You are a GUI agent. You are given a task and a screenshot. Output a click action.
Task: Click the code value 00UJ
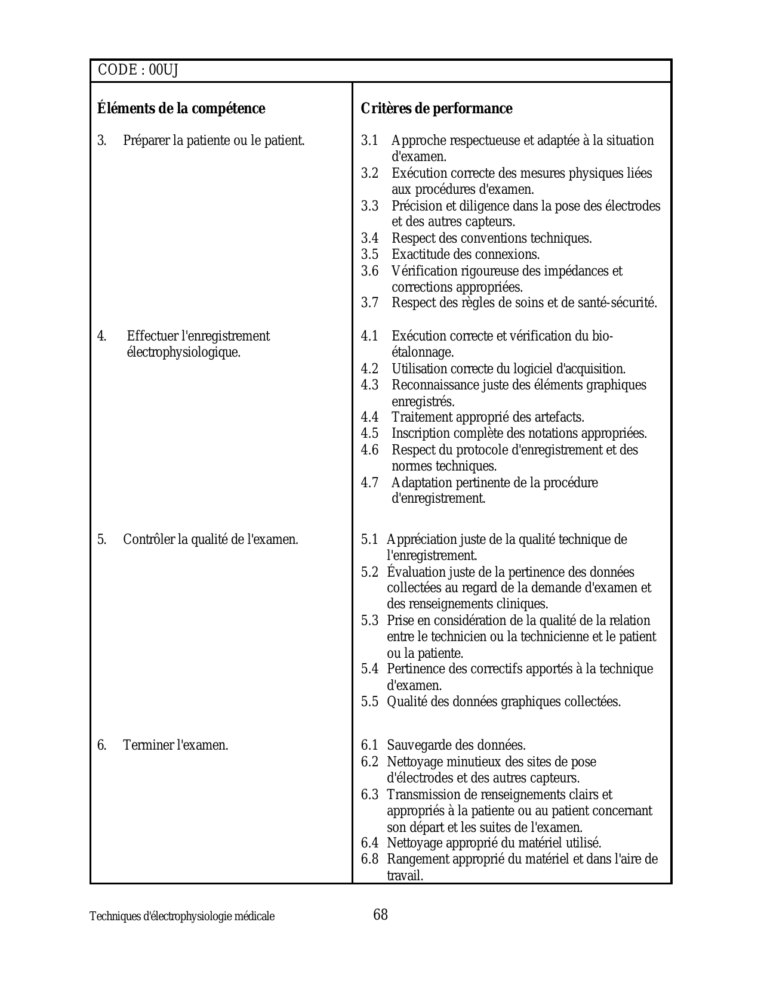[163, 70]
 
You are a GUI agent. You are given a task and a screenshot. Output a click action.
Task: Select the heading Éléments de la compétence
[181, 109]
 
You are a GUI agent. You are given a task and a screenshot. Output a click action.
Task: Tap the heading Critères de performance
[436, 109]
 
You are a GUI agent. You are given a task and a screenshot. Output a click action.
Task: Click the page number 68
[380, 914]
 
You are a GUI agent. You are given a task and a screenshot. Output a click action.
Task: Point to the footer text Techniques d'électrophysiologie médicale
[182, 917]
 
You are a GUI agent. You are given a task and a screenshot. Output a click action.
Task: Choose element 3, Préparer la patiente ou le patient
[214, 141]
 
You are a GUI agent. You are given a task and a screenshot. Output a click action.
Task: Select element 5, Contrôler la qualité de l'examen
[210, 540]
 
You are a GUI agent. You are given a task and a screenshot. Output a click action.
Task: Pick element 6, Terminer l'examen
[175, 745]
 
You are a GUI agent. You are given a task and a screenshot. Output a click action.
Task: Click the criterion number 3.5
[369, 255]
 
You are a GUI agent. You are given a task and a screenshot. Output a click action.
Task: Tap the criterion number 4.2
[369, 369]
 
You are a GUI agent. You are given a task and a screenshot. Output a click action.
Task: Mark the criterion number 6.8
[369, 859]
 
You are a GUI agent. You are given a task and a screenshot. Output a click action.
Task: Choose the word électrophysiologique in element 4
[183, 352]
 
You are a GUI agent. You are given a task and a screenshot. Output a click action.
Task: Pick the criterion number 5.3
[369, 621]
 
